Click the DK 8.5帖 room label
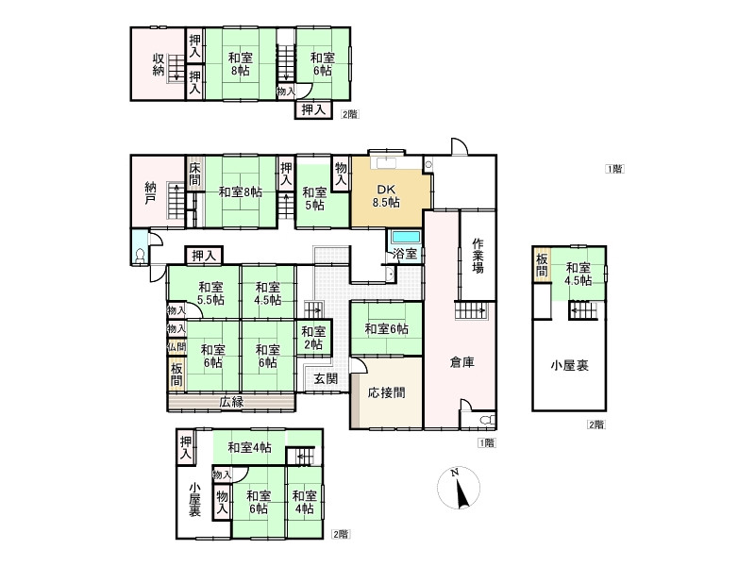(386, 196)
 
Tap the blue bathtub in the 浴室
(407, 238)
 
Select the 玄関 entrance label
(326, 378)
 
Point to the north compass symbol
(459, 488)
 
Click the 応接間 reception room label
(386, 392)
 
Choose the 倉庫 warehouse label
(461, 362)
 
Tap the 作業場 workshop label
(478, 256)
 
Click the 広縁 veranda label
(231, 402)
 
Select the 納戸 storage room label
(150, 192)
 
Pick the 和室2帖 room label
(313, 338)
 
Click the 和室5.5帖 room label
(210, 293)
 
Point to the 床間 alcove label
(194, 175)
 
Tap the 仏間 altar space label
(176, 346)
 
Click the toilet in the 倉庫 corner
(488, 419)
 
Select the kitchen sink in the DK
(386, 162)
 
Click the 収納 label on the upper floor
(159, 64)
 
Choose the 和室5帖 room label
(314, 199)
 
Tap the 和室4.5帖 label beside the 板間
(579, 274)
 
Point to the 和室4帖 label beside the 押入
(249, 447)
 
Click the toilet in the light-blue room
(141, 255)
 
